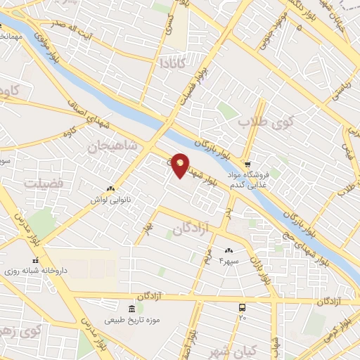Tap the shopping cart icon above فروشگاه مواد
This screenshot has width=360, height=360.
coord(246,162)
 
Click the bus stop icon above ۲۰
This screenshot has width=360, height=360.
coord(243,307)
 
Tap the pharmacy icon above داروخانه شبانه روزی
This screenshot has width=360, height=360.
coord(35,260)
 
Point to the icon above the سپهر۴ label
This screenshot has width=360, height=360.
coord(229,250)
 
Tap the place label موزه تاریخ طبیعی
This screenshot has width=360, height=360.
coord(133,320)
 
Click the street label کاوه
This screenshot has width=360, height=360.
coord(68,132)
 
